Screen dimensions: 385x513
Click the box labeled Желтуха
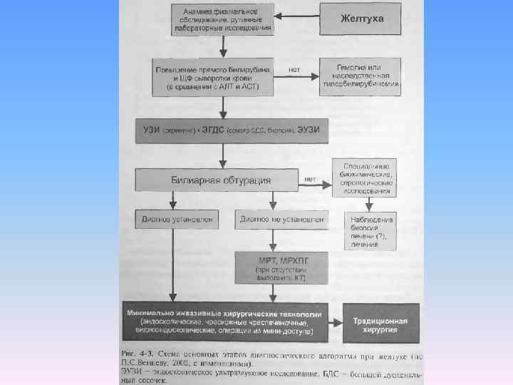click(x=362, y=19)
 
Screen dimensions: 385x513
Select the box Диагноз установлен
click(x=176, y=220)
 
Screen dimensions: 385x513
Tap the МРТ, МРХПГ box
click(x=282, y=265)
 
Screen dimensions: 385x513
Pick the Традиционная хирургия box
click(x=375, y=322)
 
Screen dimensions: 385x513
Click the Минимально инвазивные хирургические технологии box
click(x=225, y=323)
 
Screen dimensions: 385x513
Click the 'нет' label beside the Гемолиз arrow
click(x=294, y=69)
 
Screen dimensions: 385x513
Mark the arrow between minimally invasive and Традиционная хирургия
click(x=334, y=322)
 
